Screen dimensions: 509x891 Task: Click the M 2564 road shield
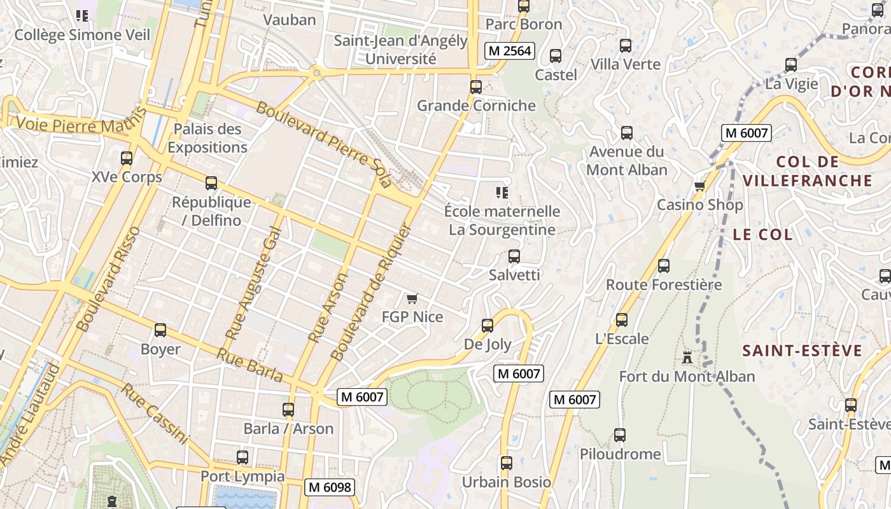pyautogui.click(x=509, y=51)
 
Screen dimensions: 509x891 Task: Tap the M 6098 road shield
pyautogui.click(x=329, y=487)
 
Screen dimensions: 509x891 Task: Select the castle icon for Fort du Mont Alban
pyautogui.click(x=687, y=357)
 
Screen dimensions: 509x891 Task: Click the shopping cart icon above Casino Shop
pyautogui.click(x=699, y=186)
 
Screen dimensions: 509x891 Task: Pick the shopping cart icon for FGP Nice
pyautogui.click(x=412, y=298)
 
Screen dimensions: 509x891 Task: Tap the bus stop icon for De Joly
pyautogui.click(x=488, y=326)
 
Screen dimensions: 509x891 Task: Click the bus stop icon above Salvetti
pyautogui.click(x=514, y=256)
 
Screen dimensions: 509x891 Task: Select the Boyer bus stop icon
pyautogui.click(x=160, y=330)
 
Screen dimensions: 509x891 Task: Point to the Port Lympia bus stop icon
pyautogui.click(x=242, y=457)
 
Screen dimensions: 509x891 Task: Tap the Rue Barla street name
pyautogui.click(x=249, y=365)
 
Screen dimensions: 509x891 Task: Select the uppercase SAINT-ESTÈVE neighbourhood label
pyautogui.click(x=802, y=351)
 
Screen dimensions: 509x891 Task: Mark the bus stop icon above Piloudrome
pyautogui.click(x=620, y=435)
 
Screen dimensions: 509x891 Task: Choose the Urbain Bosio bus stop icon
pyautogui.click(x=507, y=463)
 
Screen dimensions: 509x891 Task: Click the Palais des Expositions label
pyautogui.click(x=207, y=138)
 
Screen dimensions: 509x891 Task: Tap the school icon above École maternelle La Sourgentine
pyautogui.click(x=502, y=192)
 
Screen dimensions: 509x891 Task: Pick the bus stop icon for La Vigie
pyautogui.click(x=791, y=65)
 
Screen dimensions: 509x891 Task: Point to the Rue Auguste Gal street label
pyautogui.click(x=253, y=282)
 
